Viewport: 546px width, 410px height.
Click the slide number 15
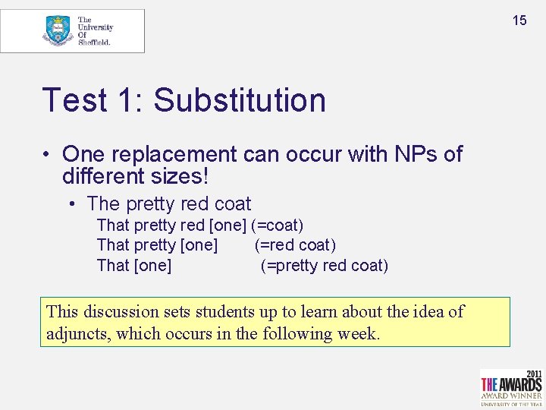[519, 20]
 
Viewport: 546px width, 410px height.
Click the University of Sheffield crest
[58, 30]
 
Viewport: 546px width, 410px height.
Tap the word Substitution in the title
[240, 99]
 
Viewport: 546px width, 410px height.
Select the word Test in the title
[74, 99]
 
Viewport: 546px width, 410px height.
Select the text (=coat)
[278, 225]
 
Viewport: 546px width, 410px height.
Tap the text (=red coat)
[296, 245]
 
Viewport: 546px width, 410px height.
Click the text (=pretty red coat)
[325, 266]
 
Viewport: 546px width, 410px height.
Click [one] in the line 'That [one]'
[152, 266]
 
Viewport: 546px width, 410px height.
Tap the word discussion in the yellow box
[118, 311]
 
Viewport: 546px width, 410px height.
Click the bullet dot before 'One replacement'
[48, 155]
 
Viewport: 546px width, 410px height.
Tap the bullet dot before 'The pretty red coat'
[71, 204]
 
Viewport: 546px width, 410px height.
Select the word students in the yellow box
[223, 311]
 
